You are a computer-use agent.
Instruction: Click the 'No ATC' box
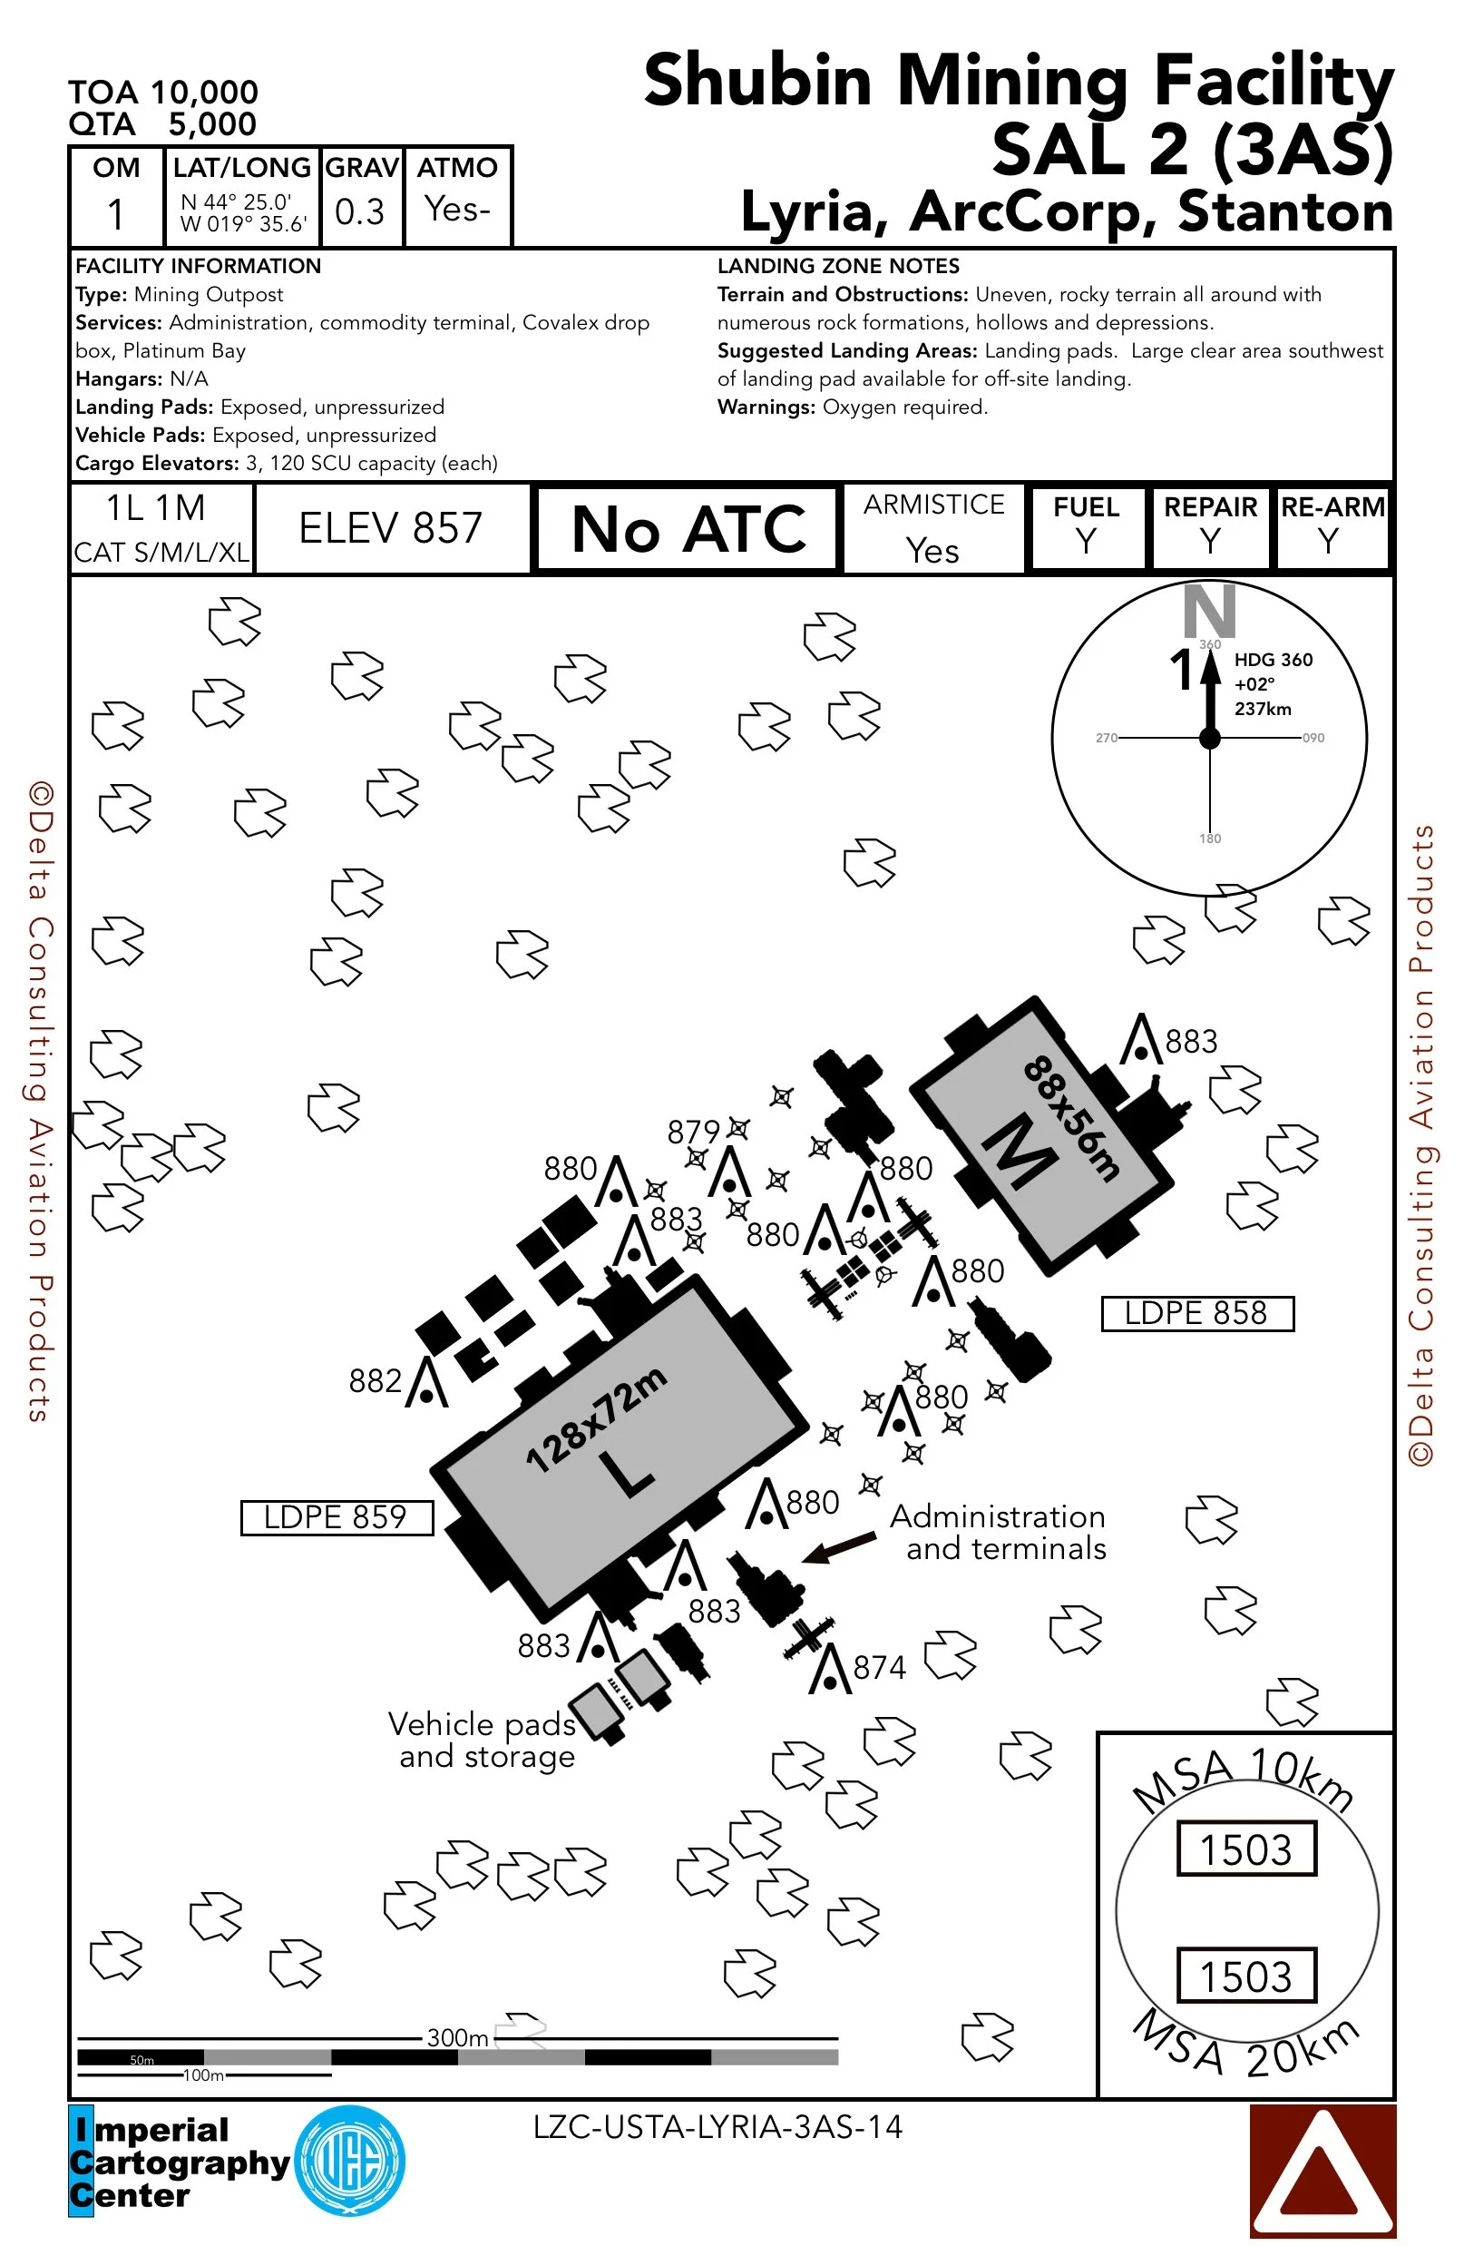click(x=688, y=528)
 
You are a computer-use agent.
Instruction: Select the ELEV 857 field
click(x=391, y=528)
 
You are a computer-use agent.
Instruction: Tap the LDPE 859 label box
click(x=337, y=1517)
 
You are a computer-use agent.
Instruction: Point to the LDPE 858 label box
click(x=1197, y=1313)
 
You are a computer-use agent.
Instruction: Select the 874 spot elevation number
click(x=879, y=1668)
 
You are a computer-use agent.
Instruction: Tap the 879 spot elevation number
click(x=693, y=1132)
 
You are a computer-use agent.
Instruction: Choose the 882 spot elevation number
click(x=375, y=1380)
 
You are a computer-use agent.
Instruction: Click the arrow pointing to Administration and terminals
click(x=839, y=1547)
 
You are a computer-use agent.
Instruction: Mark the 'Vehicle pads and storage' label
click(x=485, y=1740)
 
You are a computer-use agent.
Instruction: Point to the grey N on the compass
click(x=1209, y=611)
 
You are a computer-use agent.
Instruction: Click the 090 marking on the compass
click(x=1313, y=738)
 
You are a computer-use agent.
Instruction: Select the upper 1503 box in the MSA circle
click(x=1246, y=1848)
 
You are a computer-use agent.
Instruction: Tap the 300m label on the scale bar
click(x=457, y=2037)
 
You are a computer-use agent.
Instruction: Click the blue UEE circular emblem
click(x=350, y=2160)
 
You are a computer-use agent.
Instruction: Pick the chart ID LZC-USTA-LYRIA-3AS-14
click(x=717, y=2127)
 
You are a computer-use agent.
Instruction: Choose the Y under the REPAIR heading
click(x=1209, y=542)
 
